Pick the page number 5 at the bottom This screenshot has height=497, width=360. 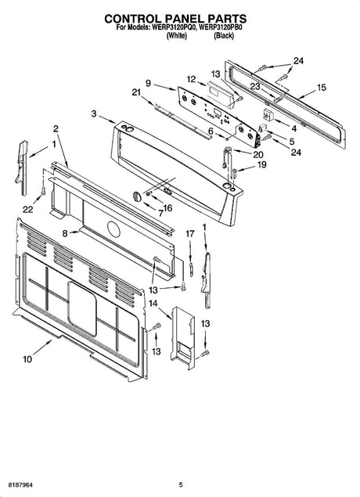click(180, 485)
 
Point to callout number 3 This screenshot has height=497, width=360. click(93, 114)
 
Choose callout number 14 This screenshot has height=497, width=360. click(153, 303)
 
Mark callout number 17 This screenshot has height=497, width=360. click(189, 233)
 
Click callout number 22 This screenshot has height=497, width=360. click(28, 208)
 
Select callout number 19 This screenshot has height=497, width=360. click(262, 165)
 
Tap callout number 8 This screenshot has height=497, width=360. click(66, 232)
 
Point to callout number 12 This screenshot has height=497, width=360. click(190, 78)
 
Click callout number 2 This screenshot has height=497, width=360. click(56, 128)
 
